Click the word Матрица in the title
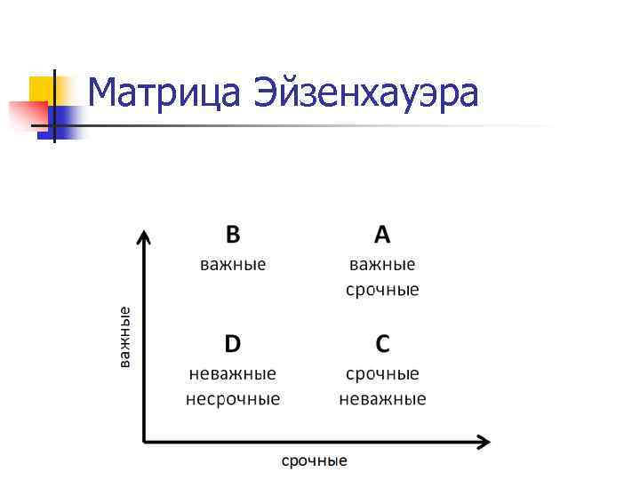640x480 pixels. tap(166, 92)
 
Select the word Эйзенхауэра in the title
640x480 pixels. tap(366, 92)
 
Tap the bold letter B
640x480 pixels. tap(232, 234)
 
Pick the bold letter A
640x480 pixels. tap(382, 234)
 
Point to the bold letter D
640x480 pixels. tap(232, 343)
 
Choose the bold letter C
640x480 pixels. tap(382, 343)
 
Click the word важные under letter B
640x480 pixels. tap(232, 264)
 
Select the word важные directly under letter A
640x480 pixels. tap(382, 264)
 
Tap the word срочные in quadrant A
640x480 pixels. tap(382, 290)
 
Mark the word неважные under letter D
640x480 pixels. tap(233, 373)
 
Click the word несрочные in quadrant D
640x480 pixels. tap(233, 398)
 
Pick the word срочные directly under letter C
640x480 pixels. tap(382, 373)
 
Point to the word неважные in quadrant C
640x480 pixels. tap(382, 398)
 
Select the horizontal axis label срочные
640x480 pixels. tap(315, 460)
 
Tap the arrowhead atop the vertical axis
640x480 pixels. tap(144, 236)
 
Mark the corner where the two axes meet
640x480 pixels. tap(144, 440)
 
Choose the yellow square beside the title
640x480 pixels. tap(43, 89)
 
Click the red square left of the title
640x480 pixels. tap(27, 115)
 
